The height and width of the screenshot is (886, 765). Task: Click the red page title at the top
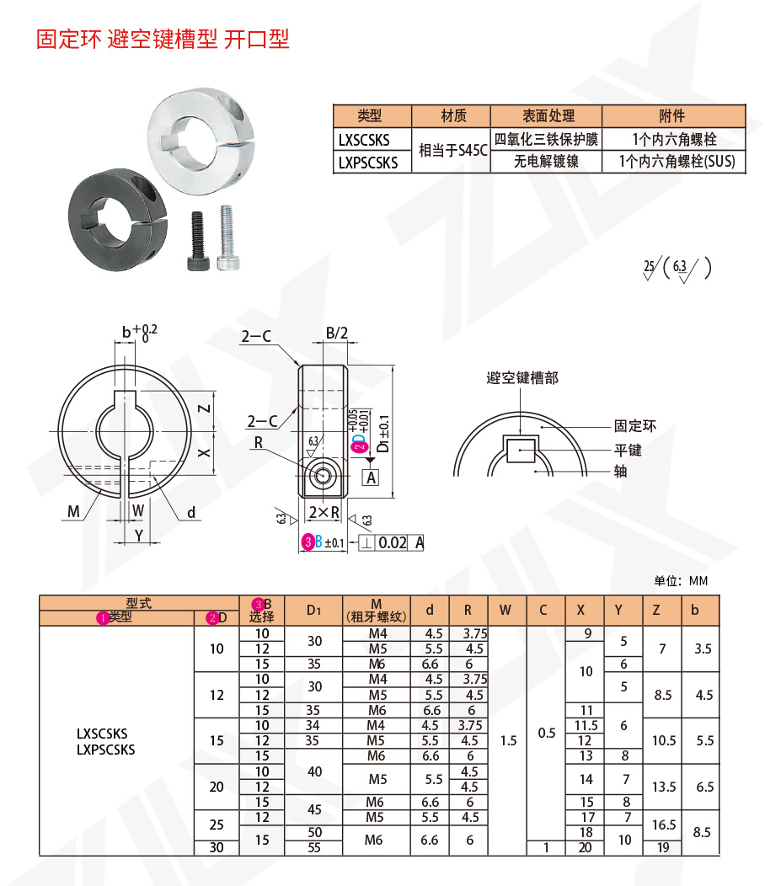pos(163,40)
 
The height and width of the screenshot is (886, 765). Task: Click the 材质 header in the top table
pos(452,115)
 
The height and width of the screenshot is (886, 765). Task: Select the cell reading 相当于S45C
pos(452,151)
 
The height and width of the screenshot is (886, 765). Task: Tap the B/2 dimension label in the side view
pos(337,333)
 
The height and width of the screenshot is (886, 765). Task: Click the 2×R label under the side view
pos(324,511)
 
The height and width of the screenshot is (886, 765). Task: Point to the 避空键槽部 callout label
pos(522,378)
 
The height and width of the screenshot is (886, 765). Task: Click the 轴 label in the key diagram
pos(621,472)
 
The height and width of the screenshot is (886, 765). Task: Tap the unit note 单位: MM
pos(681,580)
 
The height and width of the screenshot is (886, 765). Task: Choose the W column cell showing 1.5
pos(508,740)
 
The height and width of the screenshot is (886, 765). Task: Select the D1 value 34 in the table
pos(313,725)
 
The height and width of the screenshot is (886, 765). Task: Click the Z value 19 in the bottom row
pos(663,847)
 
